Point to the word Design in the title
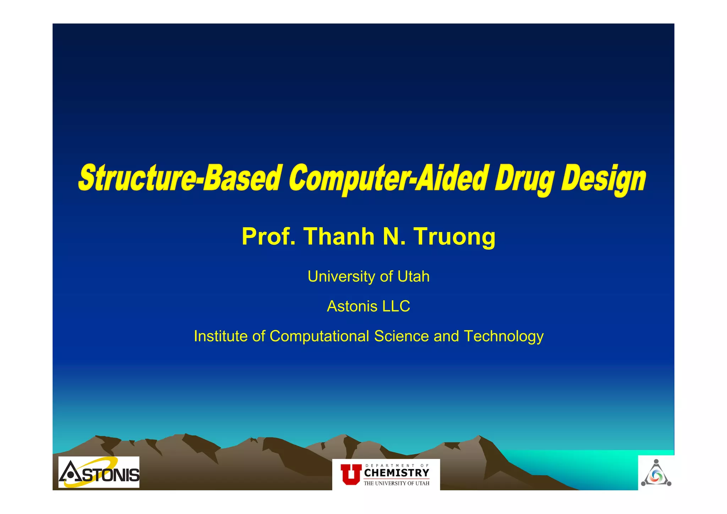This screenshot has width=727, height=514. [x=603, y=178]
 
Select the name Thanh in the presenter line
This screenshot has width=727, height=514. [x=339, y=237]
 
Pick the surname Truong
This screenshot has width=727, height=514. [x=455, y=237]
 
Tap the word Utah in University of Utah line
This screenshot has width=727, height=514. [x=413, y=276]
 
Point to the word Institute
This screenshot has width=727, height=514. [x=220, y=336]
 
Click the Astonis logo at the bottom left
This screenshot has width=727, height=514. [x=99, y=472]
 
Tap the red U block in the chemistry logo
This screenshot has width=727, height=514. [x=350, y=474]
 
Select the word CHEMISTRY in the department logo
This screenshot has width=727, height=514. [x=397, y=473]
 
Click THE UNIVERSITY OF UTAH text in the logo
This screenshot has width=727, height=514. [x=397, y=483]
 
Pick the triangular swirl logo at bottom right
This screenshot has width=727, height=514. [x=656, y=474]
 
